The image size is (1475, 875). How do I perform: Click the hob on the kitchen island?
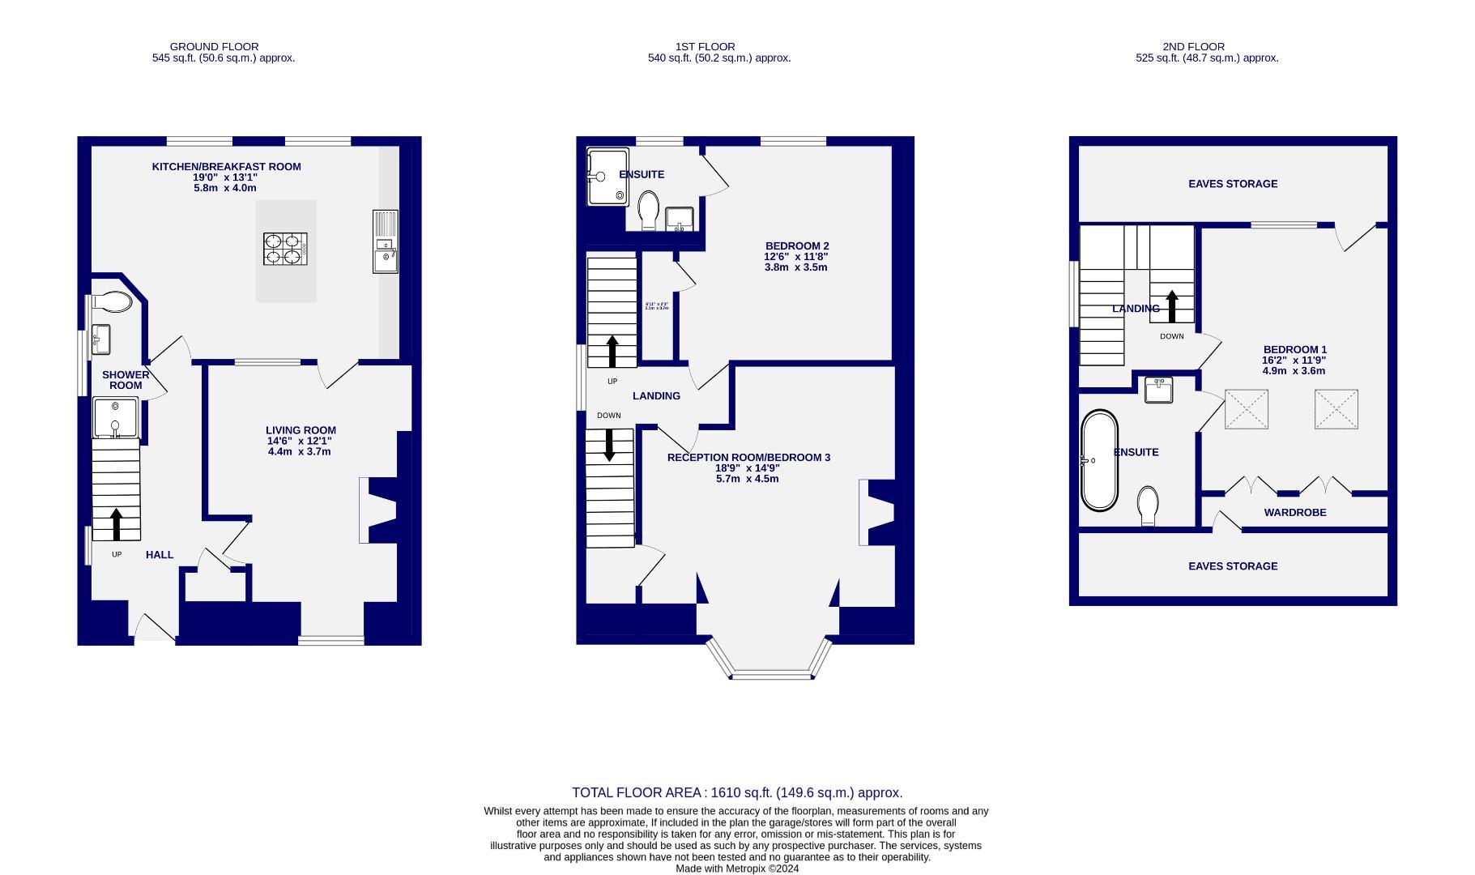[285, 249]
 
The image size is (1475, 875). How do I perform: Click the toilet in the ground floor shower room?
[113, 302]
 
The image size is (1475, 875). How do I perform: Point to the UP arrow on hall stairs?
[116, 523]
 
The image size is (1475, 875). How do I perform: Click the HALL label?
[160, 555]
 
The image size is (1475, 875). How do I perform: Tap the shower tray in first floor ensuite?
[607, 177]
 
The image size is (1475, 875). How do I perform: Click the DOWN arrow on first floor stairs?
[609, 445]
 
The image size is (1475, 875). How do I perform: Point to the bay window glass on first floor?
[771, 674]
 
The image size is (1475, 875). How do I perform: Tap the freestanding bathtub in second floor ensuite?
[1098, 460]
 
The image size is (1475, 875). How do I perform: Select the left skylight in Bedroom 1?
[1246, 409]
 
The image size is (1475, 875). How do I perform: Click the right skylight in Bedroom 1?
[1336, 409]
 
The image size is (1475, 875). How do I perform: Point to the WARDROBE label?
[1294, 513]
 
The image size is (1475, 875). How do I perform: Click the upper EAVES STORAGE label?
[1233, 184]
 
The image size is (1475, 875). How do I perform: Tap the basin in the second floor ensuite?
[1159, 390]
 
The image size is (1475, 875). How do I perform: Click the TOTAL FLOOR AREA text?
[736, 793]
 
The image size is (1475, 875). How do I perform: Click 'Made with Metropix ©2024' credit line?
[737, 869]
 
